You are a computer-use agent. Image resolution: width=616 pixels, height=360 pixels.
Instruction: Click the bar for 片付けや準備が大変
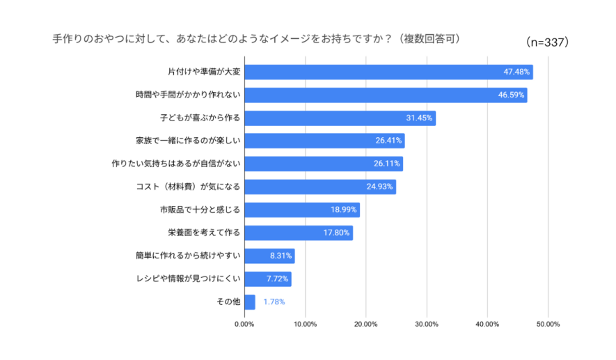[x=388, y=72]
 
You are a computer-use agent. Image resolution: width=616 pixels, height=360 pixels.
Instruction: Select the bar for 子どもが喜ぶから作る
[x=340, y=118]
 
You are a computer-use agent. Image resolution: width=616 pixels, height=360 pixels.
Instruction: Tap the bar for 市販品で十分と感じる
[x=302, y=210]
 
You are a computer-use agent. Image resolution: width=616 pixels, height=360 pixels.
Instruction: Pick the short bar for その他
[x=250, y=302]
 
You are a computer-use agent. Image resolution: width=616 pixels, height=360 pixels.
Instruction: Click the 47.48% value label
[x=517, y=72]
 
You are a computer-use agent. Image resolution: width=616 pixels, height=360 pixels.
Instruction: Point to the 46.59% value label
[x=512, y=95]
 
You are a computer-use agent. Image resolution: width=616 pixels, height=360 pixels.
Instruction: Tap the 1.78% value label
[x=274, y=302]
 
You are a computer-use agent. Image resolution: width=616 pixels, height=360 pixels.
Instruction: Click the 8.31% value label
[x=280, y=256]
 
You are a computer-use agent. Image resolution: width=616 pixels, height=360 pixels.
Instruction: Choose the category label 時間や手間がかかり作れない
[x=187, y=95]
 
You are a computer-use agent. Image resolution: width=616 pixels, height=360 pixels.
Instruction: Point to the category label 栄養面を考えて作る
[x=204, y=233]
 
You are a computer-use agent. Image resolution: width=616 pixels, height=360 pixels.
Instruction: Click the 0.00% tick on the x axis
[x=244, y=324]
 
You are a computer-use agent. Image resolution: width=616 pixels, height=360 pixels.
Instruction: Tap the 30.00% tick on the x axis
[x=427, y=324]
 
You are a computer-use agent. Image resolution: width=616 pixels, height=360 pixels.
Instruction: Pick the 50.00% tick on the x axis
[x=548, y=324]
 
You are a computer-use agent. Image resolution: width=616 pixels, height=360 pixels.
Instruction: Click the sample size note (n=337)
[x=548, y=42]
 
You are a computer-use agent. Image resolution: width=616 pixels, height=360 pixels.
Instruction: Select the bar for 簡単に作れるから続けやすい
[x=269, y=256]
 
